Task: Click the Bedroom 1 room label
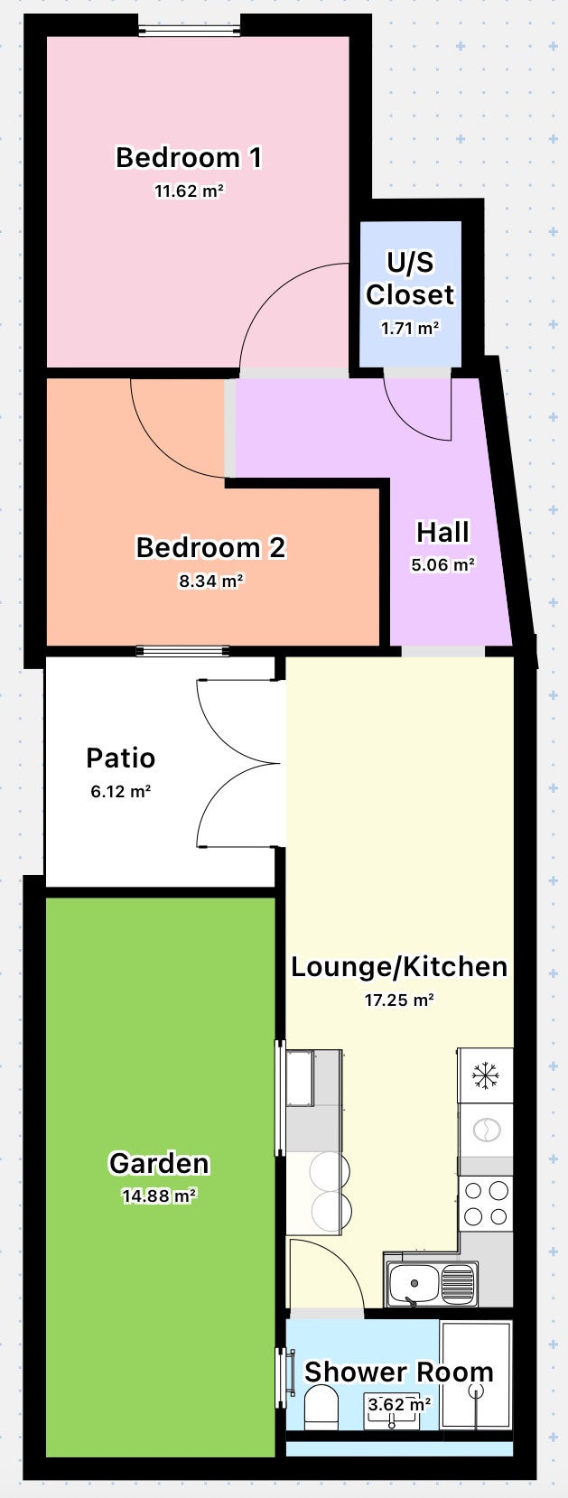click(x=189, y=157)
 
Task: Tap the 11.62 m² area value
click(x=189, y=191)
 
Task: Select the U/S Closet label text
click(x=410, y=278)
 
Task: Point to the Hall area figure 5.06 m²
click(x=442, y=565)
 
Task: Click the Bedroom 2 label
click(x=210, y=547)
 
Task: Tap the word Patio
click(x=120, y=758)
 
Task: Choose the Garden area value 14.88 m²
click(x=159, y=1196)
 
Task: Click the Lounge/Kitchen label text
click(x=398, y=966)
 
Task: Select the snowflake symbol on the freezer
click(x=486, y=1075)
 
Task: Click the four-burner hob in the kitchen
click(x=486, y=1204)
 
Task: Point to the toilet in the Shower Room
click(x=321, y=1408)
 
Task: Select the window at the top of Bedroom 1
click(x=190, y=31)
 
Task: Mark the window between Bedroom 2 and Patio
click(x=182, y=651)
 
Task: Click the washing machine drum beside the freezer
click(x=486, y=1130)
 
